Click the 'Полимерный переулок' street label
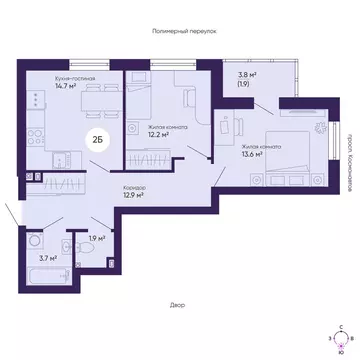tap(180, 31)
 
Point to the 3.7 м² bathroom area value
tap(40, 258)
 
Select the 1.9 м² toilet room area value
tap(95, 237)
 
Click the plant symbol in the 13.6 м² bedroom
tap(317, 128)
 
